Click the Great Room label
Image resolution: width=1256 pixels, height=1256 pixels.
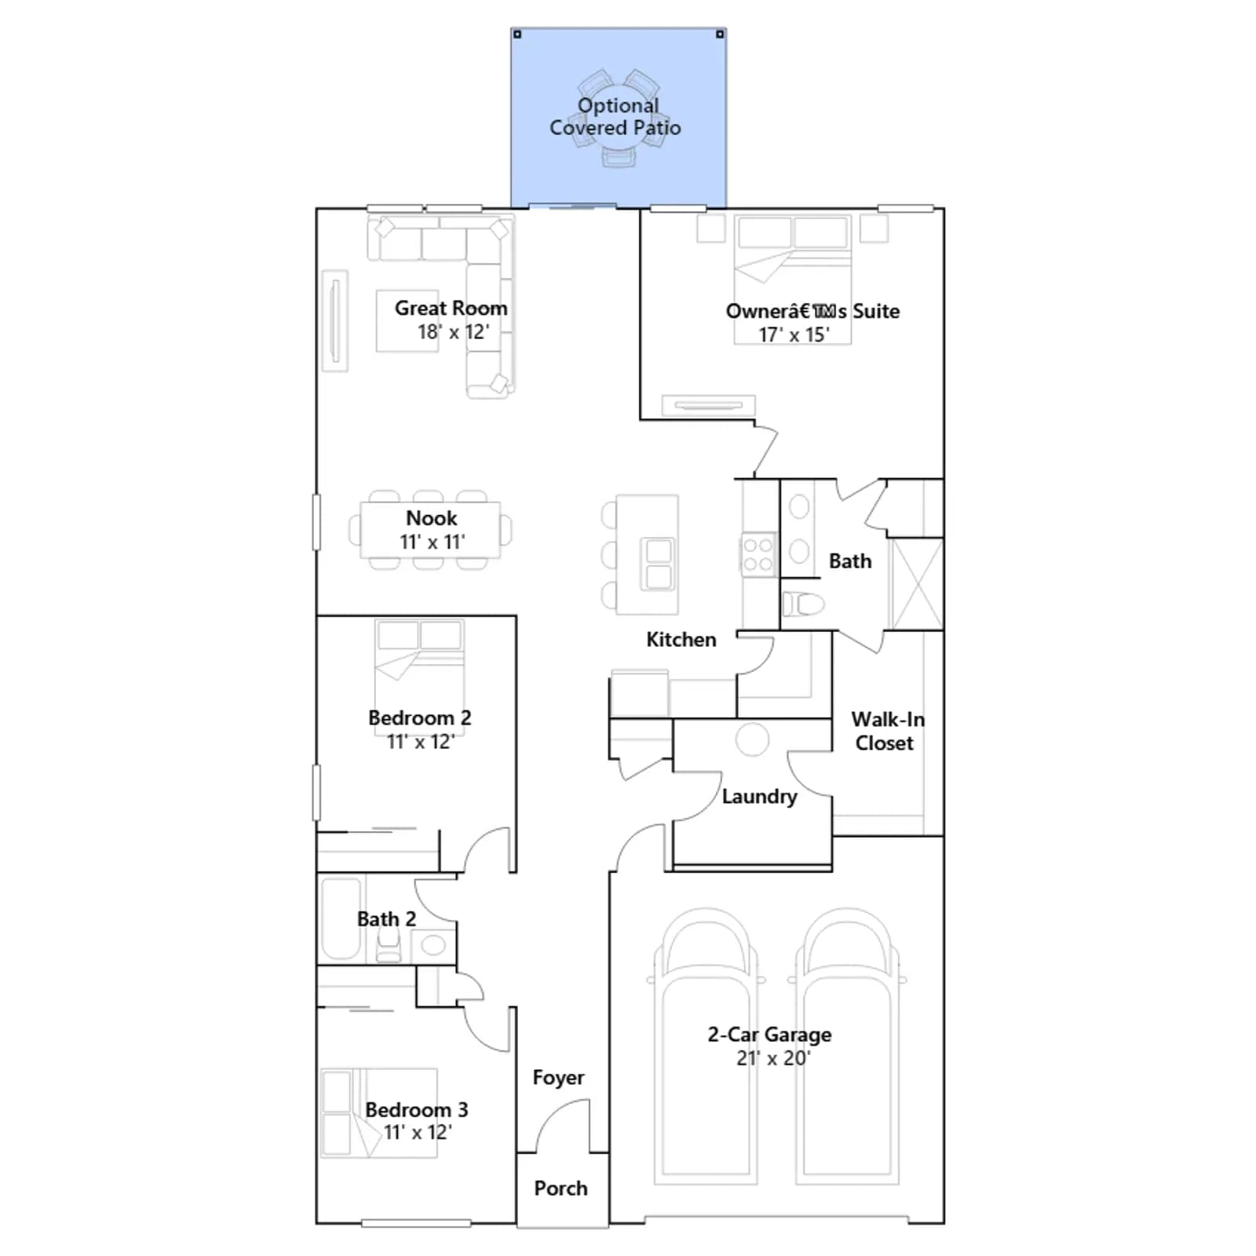tap(451, 309)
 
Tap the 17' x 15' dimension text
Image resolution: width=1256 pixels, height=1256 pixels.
tap(794, 335)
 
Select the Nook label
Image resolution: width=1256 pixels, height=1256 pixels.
tap(432, 518)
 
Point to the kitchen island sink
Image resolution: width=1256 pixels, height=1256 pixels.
tap(659, 564)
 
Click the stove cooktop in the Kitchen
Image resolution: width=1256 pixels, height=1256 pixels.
tap(758, 553)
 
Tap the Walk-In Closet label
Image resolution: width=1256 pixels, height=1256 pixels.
tap(887, 731)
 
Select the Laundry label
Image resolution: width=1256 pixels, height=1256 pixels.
tap(759, 797)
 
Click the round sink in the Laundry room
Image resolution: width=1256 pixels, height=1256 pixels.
tap(752, 739)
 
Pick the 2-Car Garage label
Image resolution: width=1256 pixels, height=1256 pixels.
tap(769, 1035)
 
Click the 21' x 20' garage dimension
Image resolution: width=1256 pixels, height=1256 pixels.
tap(772, 1058)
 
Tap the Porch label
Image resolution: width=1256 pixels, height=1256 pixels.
tap(560, 1188)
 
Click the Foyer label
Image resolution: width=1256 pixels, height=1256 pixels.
tap(558, 1078)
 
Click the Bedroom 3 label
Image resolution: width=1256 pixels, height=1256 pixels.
tap(416, 1110)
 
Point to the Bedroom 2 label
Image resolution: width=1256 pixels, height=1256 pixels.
tap(419, 718)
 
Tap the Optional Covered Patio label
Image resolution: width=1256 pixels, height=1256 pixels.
tap(615, 116)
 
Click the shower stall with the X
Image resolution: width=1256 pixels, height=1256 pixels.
tap(916, 584)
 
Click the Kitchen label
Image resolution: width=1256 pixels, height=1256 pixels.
tap(681, 640)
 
